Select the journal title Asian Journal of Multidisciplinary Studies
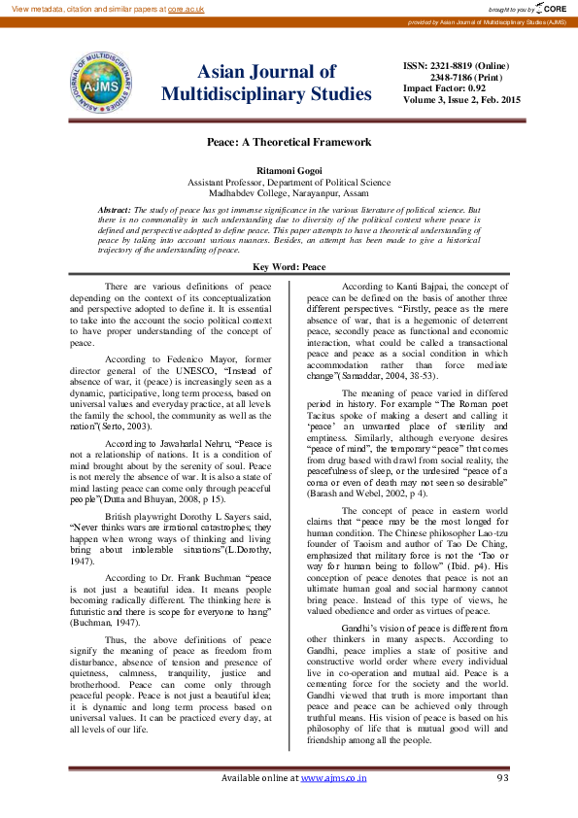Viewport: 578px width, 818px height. coord(266,83)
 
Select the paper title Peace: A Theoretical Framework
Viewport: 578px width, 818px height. coord(289,142)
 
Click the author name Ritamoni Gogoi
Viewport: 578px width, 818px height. coord(289,170)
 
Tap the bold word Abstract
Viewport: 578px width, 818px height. coord(115,210)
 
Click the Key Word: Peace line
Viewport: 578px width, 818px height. coord(289,266)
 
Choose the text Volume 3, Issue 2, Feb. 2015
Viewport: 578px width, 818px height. coord(461,99)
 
